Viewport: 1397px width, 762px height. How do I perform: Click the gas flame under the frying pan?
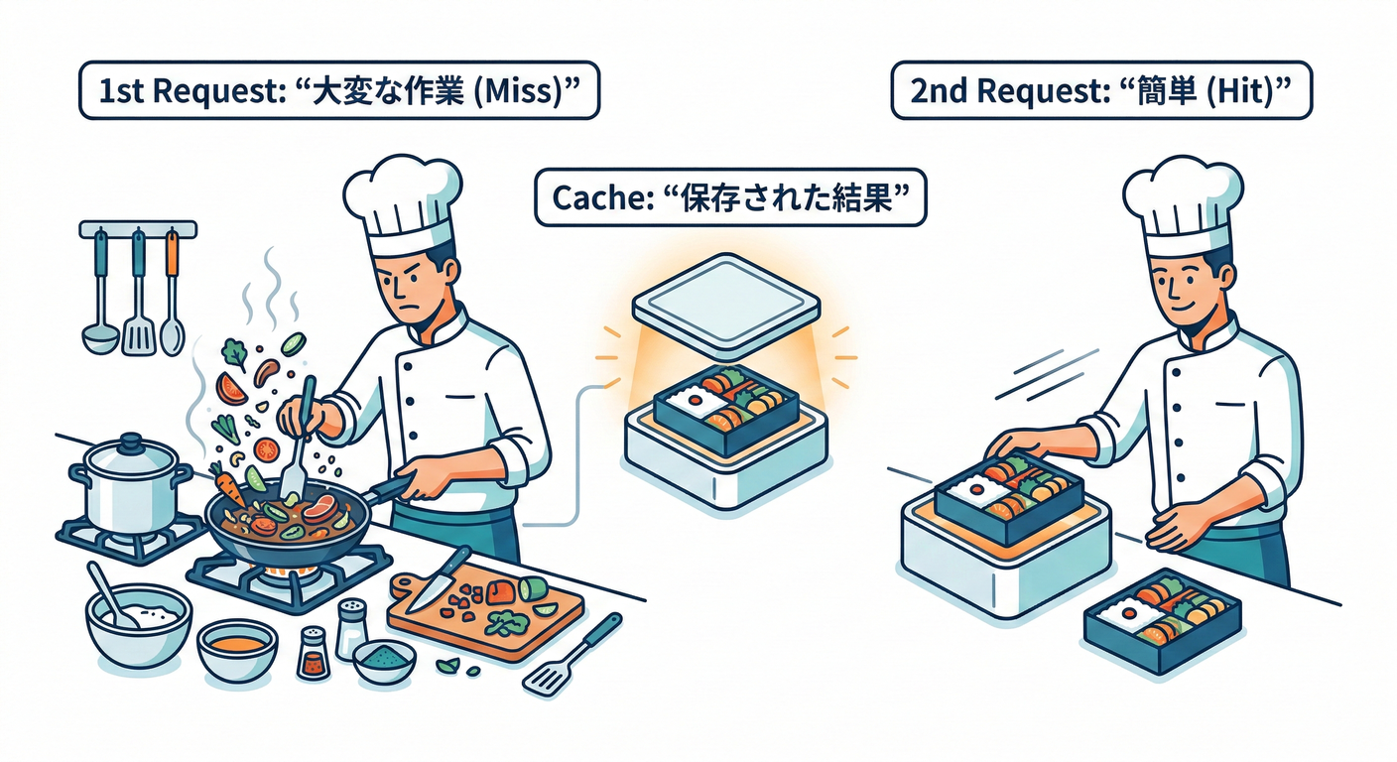294,575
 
